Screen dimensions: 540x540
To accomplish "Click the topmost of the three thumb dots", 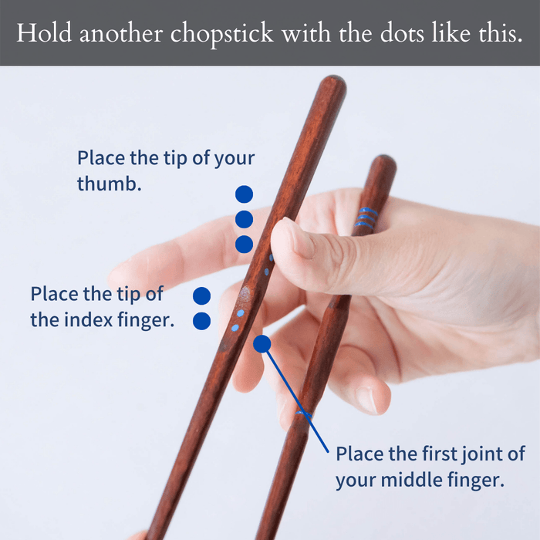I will [x=244, y=194].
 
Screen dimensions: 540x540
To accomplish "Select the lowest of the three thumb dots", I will [x=244, y=245].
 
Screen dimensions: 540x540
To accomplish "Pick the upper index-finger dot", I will [x=201, y=295].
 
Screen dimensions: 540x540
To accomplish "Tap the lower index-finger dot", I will [x=201, y=320].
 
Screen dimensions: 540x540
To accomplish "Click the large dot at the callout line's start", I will [x=262, y=343].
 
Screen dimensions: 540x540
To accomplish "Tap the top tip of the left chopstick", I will [x=333, y=81].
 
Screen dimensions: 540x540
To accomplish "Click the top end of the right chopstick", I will [x=384, y=162].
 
